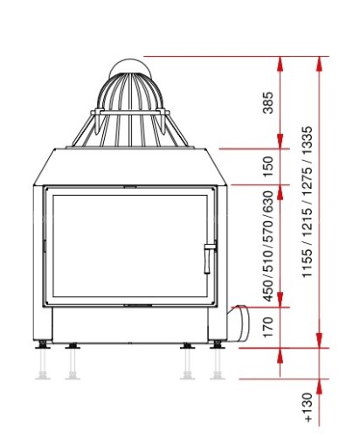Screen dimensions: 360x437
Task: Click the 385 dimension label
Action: [x=268, y=102]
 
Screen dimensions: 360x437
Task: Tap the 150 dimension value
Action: [x=268, y=167]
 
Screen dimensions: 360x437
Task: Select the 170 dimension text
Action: [x=268, y=327]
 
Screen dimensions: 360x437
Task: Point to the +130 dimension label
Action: [x=308, y=407]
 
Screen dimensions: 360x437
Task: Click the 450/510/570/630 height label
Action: [x=268, y=246]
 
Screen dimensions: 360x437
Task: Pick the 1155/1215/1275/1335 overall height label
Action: [x=308, y=202]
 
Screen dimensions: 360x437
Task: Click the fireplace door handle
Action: [x=209, y=258]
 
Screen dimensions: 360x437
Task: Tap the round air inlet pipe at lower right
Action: [x=239, y=323]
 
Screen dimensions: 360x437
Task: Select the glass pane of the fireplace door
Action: [x=130, y=246]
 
